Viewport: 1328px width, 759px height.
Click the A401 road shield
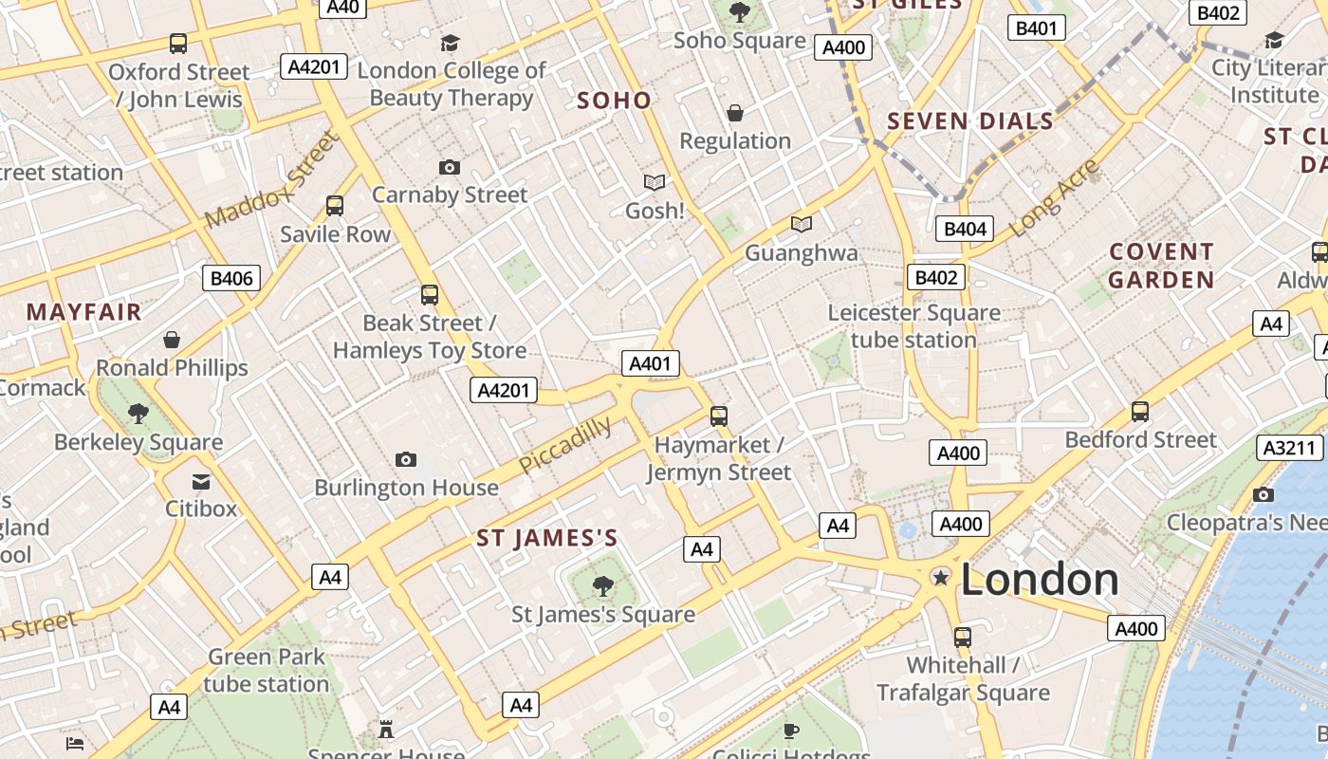point(651,363)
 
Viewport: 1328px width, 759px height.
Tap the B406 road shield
point(231,278)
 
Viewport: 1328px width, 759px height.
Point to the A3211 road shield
point(1290,448)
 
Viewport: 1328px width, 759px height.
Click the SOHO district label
point(614,101)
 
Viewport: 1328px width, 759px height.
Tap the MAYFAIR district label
point(83,312)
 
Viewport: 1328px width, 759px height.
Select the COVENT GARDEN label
point(1161,266)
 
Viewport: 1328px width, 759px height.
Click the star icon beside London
point(940,577)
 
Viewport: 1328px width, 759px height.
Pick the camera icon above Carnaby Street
point(450,168)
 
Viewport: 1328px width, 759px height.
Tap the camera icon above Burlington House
point(406,460)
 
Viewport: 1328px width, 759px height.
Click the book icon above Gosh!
point(655,182)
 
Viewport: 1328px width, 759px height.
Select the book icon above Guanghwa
point(802,225)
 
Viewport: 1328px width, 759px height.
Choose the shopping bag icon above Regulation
point(735,114)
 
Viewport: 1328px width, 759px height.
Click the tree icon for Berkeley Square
point(138,413)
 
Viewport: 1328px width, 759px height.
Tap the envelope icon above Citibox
point(201,482)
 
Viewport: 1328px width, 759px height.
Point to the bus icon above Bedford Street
point(1140,412)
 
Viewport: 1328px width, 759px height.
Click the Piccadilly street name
point(565,446)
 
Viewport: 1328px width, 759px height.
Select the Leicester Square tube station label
point(913,326)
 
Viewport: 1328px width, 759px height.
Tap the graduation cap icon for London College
point(450,43)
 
